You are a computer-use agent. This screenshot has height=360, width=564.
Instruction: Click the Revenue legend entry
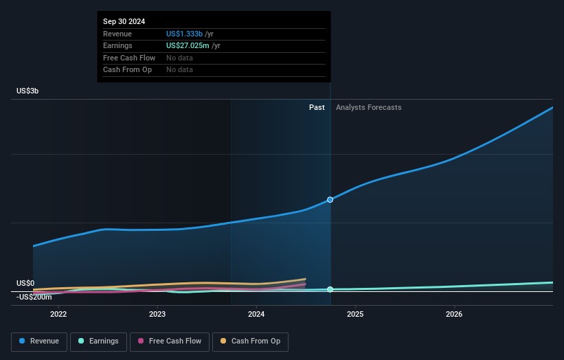[39, 341]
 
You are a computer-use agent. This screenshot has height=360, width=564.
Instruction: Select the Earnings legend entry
[98, 341]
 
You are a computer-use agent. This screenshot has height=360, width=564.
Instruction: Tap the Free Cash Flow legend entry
[170, 341]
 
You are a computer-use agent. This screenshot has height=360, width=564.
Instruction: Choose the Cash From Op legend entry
[250, 341]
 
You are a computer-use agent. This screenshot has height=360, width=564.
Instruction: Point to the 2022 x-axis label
[58, 314]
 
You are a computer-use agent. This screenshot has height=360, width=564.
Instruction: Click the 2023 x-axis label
[157, 314]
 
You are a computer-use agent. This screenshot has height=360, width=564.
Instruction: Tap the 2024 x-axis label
[256, 314]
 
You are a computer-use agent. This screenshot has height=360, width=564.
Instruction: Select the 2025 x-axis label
[355, 314]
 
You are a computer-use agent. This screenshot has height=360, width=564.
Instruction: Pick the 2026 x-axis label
[454, 314]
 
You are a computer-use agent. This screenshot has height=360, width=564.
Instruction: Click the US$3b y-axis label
[27, 91]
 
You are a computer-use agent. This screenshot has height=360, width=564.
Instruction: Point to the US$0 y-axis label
[25, 283]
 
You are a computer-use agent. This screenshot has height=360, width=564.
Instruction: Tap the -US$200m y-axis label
[34, 297]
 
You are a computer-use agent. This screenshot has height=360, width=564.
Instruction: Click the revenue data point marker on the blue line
[330, 200]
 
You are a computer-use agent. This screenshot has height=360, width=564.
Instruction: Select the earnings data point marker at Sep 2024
[330, 289]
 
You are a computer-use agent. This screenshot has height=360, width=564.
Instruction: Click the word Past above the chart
[317, 107]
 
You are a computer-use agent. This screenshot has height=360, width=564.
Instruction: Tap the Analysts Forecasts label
[369, 107]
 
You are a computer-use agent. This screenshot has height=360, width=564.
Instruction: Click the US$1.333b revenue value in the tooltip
[184, 34]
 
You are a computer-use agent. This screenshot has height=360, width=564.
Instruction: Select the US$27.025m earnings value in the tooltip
[188, 45]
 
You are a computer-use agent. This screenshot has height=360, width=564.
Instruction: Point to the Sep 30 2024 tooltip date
[124, 21]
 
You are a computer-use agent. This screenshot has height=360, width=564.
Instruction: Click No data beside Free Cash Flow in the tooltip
[179, 58]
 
